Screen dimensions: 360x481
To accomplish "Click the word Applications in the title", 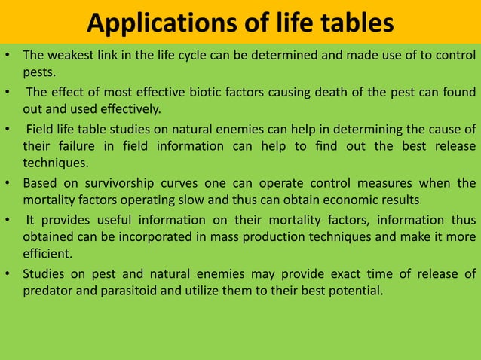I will [155, 23].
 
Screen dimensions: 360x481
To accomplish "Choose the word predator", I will [47, 289].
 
